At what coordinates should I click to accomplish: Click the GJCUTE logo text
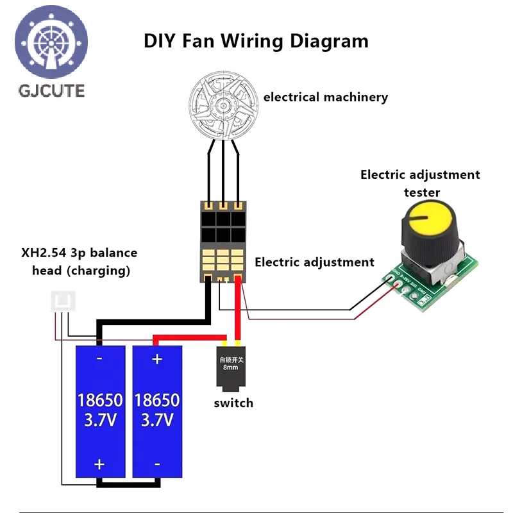51,90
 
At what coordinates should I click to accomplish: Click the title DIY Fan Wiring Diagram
256,41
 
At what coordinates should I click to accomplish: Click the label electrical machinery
325,97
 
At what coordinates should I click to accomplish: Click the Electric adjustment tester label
420,183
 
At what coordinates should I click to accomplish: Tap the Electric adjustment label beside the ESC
314,262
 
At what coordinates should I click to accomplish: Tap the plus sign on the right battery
157,360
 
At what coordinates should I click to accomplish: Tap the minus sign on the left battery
99,360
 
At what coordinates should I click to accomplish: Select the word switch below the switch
233,403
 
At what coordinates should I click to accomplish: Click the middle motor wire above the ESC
223,173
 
